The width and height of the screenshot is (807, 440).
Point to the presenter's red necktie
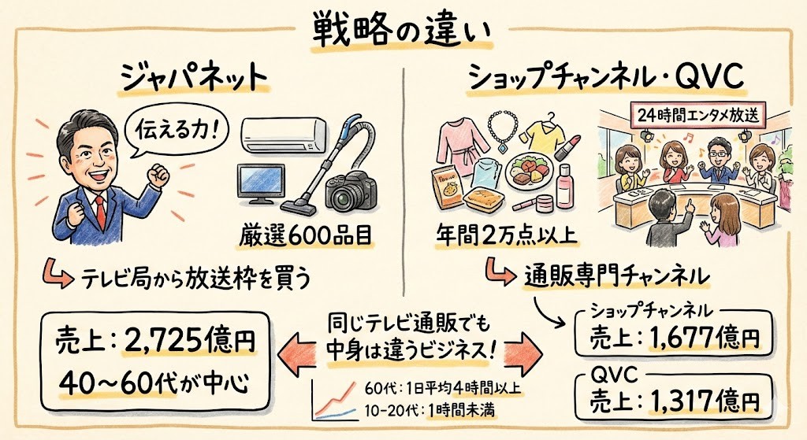pyautogui.click(x=100, y=208)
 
